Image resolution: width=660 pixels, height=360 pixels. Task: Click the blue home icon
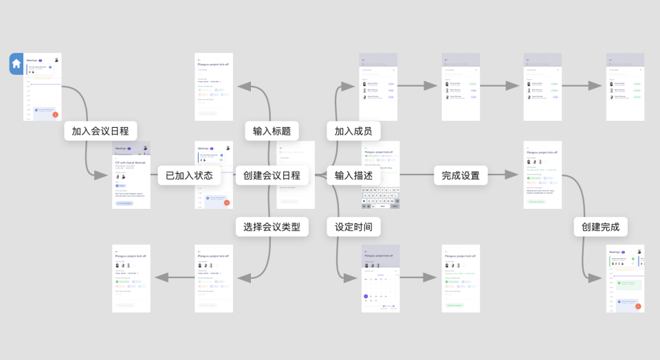tap(16, 63)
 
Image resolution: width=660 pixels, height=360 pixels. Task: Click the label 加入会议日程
tap(100, 131)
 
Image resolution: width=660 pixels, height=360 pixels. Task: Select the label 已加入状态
tap(189, 175)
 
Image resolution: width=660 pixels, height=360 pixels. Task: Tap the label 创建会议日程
tap(272, 175)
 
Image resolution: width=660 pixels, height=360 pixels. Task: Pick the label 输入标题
tap(272, 131)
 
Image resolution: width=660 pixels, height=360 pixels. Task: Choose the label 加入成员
tap(353, 131)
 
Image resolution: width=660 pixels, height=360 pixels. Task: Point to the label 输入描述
tap(353, 175)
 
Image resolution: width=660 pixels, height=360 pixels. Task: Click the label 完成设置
tap(461, 175)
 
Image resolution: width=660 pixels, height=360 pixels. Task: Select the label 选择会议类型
tap(272, 227)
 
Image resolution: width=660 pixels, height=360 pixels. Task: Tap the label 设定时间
tap(353, 227)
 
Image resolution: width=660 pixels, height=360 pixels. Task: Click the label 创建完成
tap(600, 227)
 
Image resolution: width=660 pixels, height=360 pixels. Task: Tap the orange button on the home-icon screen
tap(55, 115)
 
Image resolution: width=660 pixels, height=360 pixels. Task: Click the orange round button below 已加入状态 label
tap(227, 202)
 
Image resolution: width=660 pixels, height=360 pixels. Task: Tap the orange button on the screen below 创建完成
tap(638, 306)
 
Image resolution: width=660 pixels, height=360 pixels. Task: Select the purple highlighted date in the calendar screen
tap(366, 296)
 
